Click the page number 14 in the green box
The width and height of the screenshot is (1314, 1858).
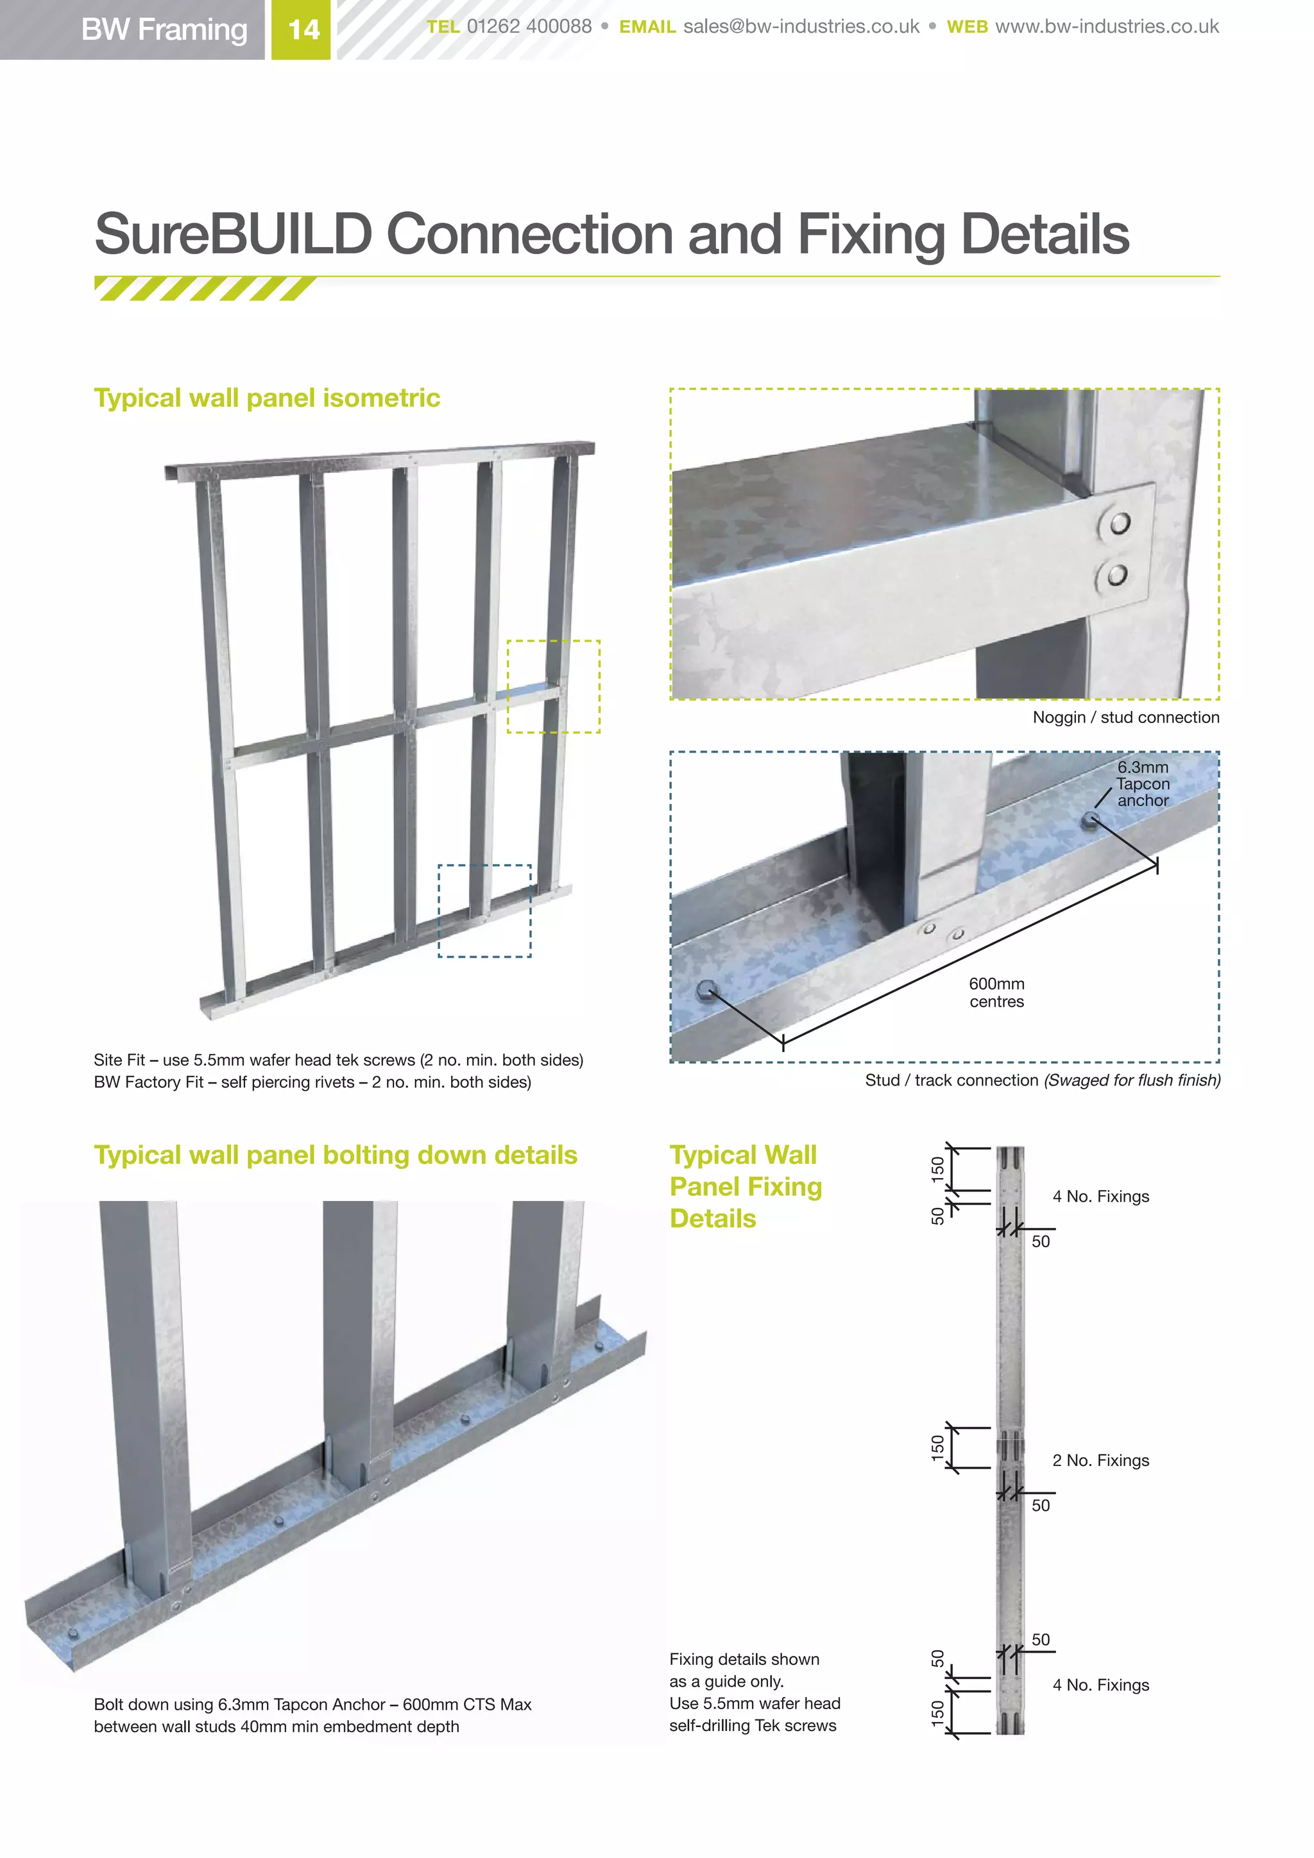click(x=303, y=30)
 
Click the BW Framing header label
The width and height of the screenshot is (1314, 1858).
click(x=164, y=30)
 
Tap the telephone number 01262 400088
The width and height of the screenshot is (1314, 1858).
click(x=529, y=27)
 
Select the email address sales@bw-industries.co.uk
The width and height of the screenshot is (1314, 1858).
click(x=801, y=27)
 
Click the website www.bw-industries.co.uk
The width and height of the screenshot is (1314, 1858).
click(x=1106, y=27)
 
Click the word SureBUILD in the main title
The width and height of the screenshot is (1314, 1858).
click(x=233, y=234)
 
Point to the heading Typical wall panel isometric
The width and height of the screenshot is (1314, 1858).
click(x=267, y=398)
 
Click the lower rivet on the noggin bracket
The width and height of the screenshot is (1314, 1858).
click(x=1116, y=575)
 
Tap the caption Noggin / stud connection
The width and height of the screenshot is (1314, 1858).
click(x=1125, y=718)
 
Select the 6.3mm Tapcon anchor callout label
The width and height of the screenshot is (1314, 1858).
click(x=1143, y=783)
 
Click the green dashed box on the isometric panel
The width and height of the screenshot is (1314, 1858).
click(x=554, y=686)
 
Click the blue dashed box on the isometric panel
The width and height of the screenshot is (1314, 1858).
click(x=484, y=910)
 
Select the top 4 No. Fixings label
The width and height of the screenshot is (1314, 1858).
click(x=1100, y=1197)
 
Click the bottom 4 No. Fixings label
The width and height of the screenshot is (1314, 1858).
click(x=1100, y=1685)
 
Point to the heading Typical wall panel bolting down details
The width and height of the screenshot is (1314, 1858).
click(x=335, y=1155)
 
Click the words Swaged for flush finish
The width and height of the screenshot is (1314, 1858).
click(x=1132, y=1080)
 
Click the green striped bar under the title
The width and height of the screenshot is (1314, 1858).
click(x=204, y=288)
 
